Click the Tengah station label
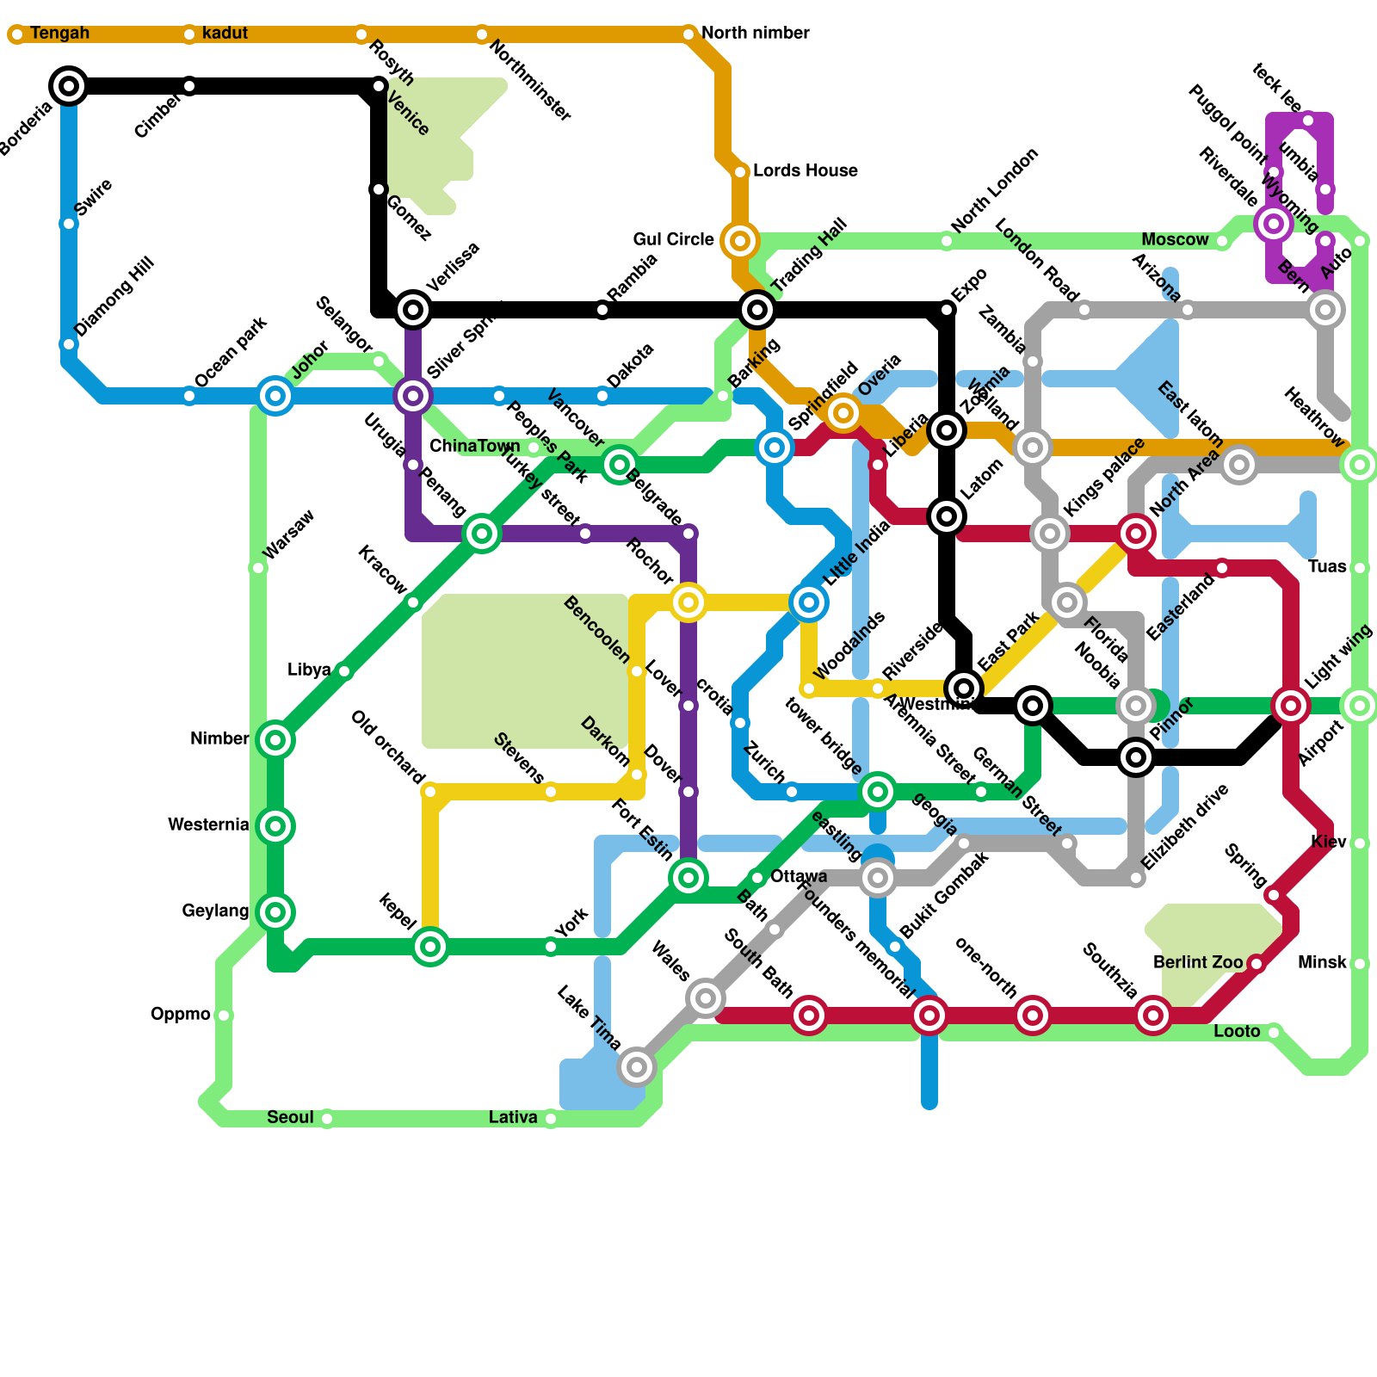click(59, 34)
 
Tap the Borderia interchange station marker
click(69, 86)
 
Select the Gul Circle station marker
click(740, 241)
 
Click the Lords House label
click(805, 171)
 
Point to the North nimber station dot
click(688, 34)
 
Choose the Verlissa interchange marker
click(413, 310)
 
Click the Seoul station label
click(290, 1118)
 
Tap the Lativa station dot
click(551, 1119)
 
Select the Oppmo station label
click(180, 1015)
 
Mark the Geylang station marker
click(275, 912)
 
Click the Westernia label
click(208, 825)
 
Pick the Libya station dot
click(344, 671)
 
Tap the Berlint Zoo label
click(1198, 962)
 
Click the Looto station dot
click(1274, 1033)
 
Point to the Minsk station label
click(1322, 963)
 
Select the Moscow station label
click(1175, 240)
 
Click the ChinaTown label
click(474, 447)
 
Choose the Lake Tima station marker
click(637, 1067)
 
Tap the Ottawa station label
click(799, 877)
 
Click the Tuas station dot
click(1360, 568)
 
